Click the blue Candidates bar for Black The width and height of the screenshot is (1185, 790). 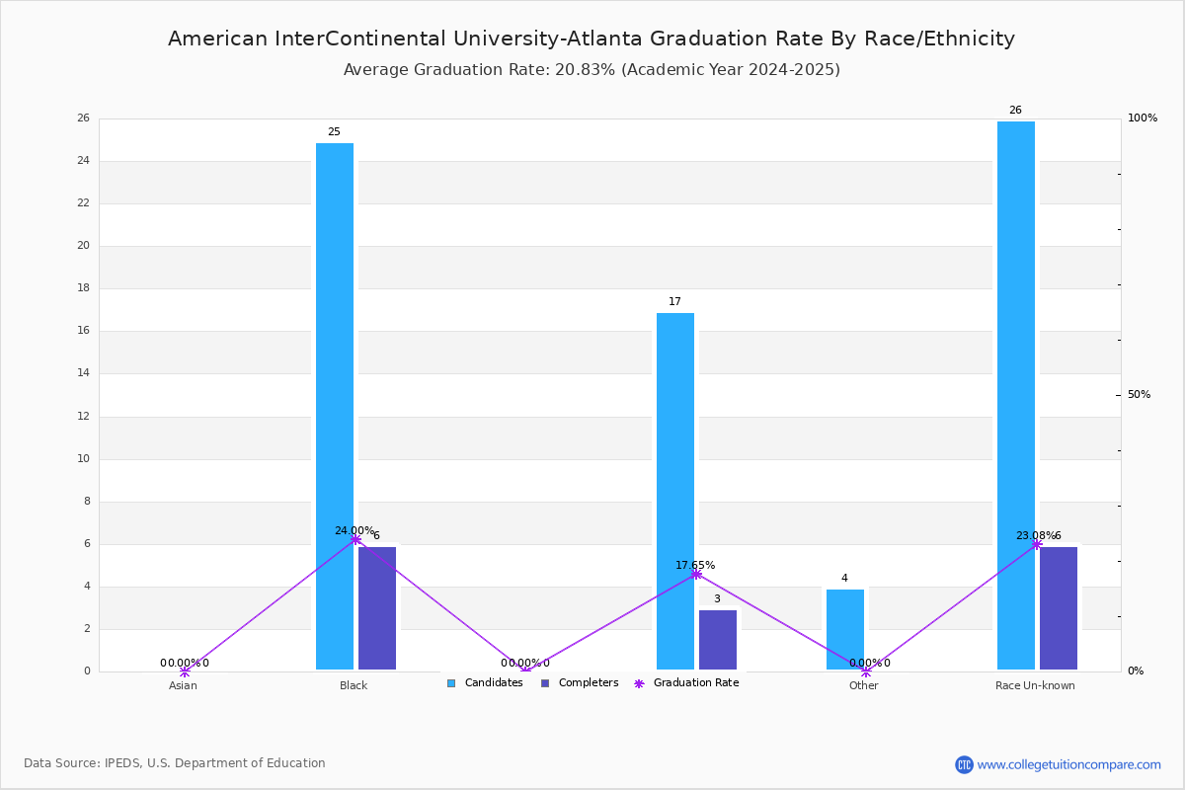click(x=335, y=406)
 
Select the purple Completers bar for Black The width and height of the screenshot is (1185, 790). click(x=377, y=608)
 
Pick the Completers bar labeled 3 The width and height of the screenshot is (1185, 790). click(x=718, y=640)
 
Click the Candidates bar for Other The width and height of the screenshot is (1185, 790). click(x=845, y=629)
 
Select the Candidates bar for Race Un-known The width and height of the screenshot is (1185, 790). click(x=1016, y=395)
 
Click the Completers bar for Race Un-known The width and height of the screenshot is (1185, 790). click(x=1059, y=608)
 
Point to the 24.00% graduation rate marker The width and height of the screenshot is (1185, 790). click(x=355, y=539)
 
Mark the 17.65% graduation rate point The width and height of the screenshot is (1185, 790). click(x=696, y=574)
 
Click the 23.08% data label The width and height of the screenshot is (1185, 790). click(x=1035, y=535)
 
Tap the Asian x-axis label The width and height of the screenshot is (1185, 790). click(x=183, y=685)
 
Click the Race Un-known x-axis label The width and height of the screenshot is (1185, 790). click(x=1035, y=685)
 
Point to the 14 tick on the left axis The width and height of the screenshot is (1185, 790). click(x=84, y=373)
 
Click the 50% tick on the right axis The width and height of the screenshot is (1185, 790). click(x=1139, y=395)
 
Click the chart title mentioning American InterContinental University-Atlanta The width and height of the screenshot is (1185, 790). click(x=592, y=39)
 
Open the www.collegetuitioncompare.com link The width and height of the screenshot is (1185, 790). click(x=1068, y=764)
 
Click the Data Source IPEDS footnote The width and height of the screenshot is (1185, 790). click(x=175, y=763)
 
